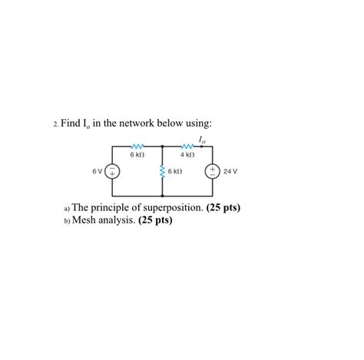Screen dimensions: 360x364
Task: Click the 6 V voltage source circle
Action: tap(112, 172)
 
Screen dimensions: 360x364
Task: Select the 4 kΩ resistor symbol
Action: tap(187, 146)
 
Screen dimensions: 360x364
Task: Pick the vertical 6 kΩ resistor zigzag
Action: tap(162, 172)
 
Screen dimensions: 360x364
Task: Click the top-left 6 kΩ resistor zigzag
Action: tap(138, 146)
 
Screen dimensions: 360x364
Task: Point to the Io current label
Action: tap(201, 139)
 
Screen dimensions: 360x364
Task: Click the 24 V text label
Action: tap(230, 172)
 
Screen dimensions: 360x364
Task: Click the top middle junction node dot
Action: tap(162, 147)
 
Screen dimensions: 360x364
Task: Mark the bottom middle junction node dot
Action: tap(162, 197)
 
